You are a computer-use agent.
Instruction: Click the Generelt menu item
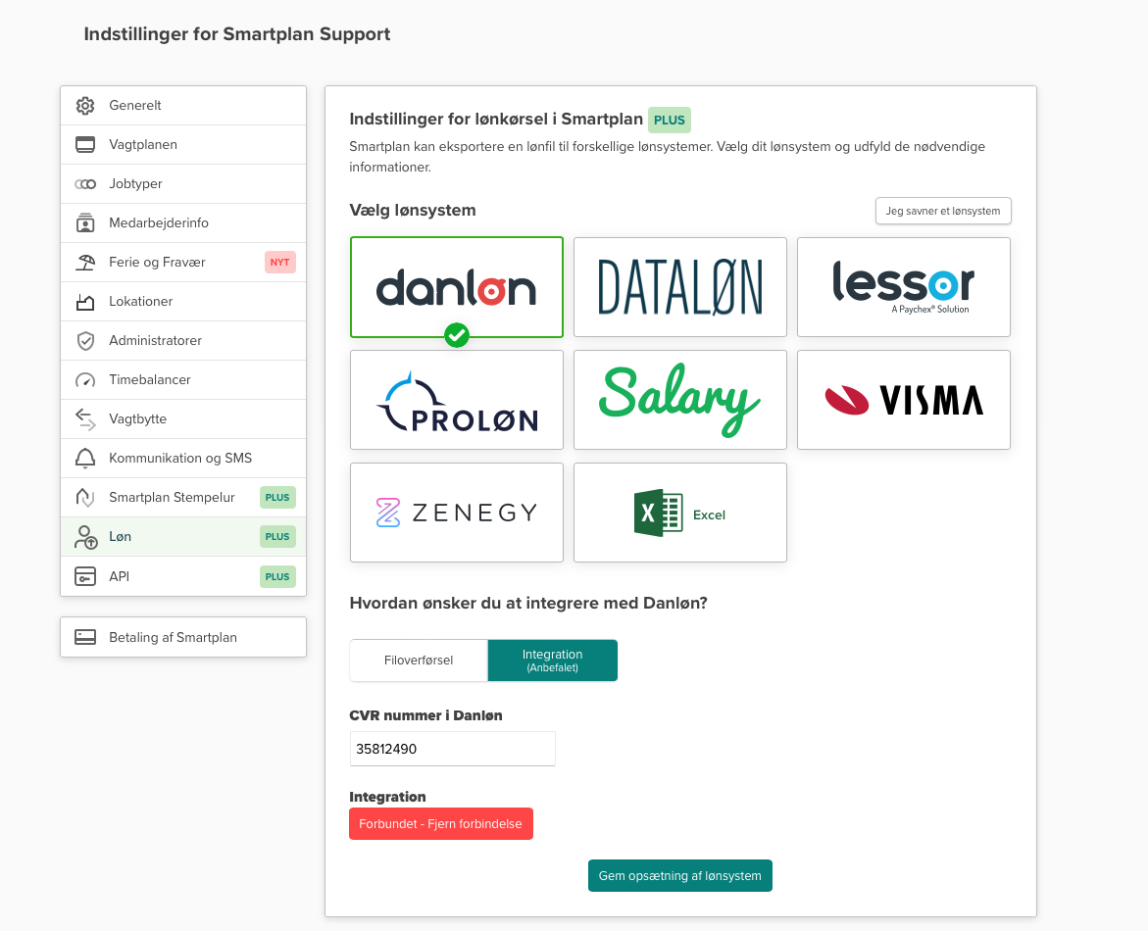tap(135, 106)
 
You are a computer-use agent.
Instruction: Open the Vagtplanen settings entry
tap(143, 145)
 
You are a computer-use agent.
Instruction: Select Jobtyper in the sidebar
tap(135, 184)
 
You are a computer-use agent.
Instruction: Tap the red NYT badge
tap(279, 263)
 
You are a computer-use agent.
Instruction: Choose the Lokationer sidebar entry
tap(141, 302)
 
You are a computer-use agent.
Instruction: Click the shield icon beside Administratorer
tap(85, 341)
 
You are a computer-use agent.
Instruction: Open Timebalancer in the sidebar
tap(150, 380)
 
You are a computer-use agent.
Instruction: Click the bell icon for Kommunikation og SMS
tap(85, 459)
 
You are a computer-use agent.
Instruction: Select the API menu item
tap(120, 576)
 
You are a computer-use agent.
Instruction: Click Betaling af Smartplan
tap(173, 637)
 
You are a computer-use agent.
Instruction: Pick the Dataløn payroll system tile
tap(679, 287)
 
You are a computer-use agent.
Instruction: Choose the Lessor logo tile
tap(903, 287)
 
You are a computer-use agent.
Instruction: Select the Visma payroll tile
tap(903, 400)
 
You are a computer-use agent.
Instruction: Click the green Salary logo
tap(679, 400)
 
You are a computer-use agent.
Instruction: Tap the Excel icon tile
tap(679, 513)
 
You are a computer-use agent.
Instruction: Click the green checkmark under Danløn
tap(457, 336)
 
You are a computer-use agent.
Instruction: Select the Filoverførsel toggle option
tap(419, 661)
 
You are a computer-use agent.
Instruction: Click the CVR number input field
tap(452, 749)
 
